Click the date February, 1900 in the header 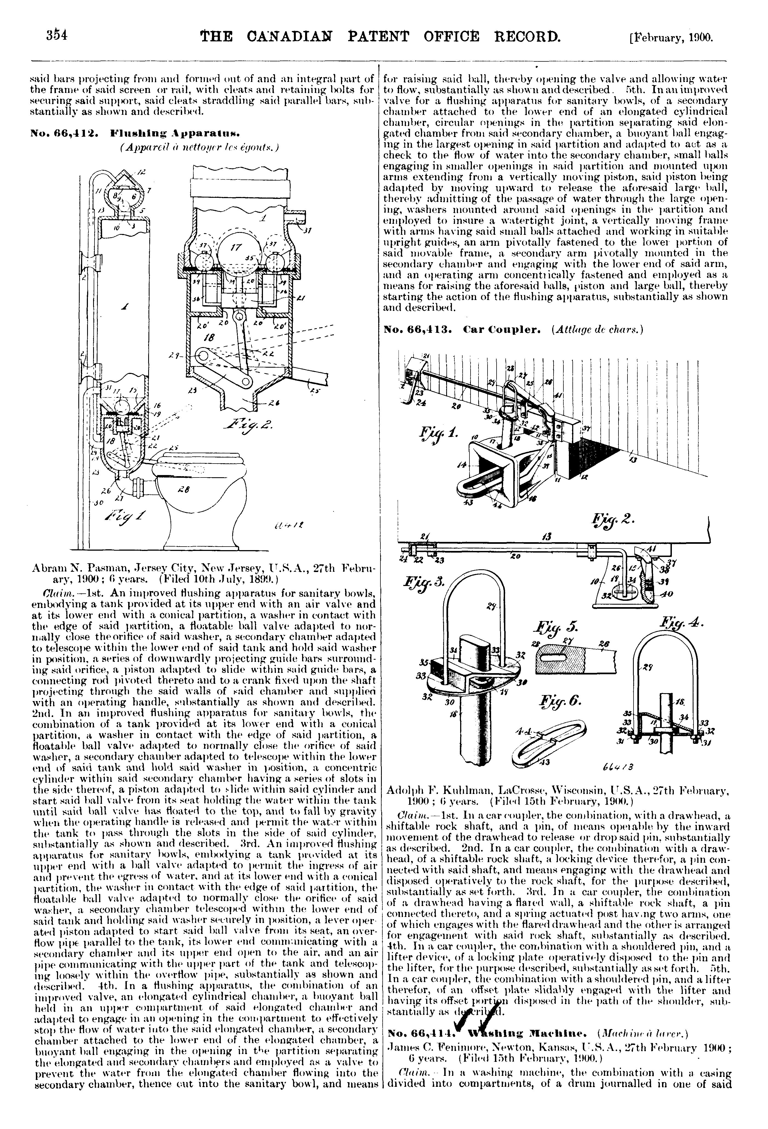670,38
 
